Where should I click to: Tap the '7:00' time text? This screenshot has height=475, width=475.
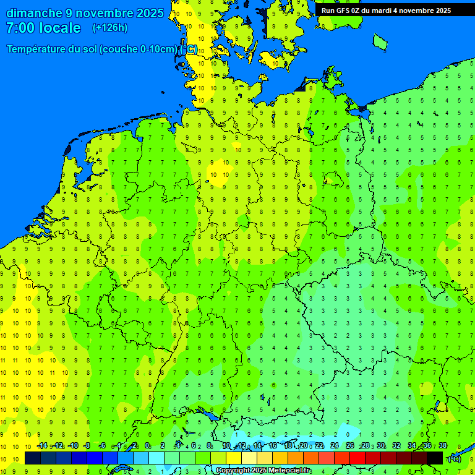20,28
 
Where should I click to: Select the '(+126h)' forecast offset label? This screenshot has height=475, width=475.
109,27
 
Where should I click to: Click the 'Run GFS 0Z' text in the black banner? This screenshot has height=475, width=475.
341,11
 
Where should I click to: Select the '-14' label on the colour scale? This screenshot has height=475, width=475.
42,446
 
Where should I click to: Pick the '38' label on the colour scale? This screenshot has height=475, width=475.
443,446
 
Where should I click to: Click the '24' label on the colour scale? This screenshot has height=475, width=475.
335,446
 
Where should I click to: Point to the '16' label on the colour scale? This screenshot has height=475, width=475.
273,446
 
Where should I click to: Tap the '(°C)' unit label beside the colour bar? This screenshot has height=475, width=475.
455,458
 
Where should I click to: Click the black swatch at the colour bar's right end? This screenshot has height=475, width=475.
435,458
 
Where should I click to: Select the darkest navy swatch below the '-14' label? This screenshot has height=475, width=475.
33,458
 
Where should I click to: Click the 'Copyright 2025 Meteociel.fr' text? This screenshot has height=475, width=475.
263,471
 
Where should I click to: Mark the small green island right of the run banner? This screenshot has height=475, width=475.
380,41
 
